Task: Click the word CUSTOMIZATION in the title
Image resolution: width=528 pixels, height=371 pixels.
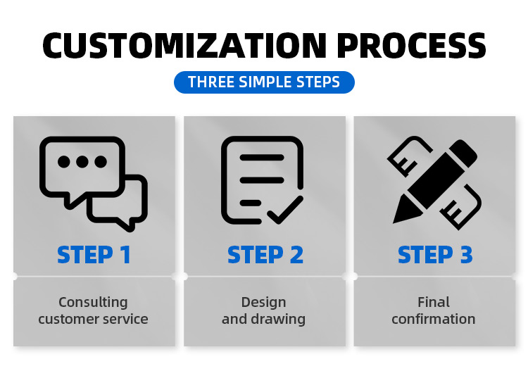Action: coord(184,46)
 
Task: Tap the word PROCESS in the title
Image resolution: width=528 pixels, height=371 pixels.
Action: coord(411,46)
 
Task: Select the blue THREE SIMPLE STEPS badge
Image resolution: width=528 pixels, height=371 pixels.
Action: coord(264,82)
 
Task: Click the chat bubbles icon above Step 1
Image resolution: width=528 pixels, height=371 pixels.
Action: coord(93,184)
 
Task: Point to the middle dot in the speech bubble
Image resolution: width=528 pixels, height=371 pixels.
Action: coord(82,162)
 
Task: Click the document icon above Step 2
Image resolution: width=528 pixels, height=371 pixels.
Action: coord(263,180)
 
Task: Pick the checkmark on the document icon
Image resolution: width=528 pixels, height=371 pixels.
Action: coord(285,210)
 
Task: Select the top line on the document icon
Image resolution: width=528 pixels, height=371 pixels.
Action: coord(262,158)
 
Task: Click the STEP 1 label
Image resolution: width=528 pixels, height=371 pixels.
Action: coord(94,255)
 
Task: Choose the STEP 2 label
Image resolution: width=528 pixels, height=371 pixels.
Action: coord(265,255)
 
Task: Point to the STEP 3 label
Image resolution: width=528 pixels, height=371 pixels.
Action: coord(435,255)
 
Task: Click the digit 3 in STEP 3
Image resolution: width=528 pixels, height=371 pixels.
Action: coord(466,255)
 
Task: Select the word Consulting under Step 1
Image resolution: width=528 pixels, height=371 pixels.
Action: coord(93,302)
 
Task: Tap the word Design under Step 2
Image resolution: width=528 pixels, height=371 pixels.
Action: coord(264,302)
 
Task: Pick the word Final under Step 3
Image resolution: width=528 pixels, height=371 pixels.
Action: coord(434,302)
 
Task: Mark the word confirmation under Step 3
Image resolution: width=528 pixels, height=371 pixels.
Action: coord(434,319)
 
